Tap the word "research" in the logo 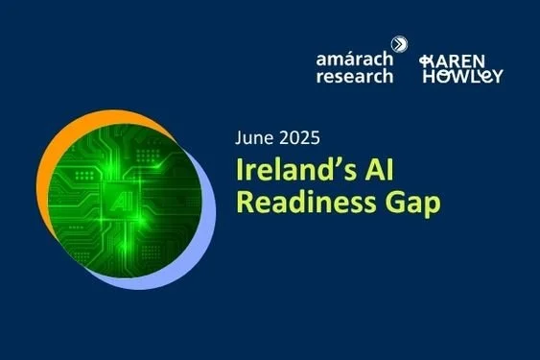pos(354,77)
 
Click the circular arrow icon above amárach pos(400,44)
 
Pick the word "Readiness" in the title pos(305,204)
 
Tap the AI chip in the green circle pos(120,204)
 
